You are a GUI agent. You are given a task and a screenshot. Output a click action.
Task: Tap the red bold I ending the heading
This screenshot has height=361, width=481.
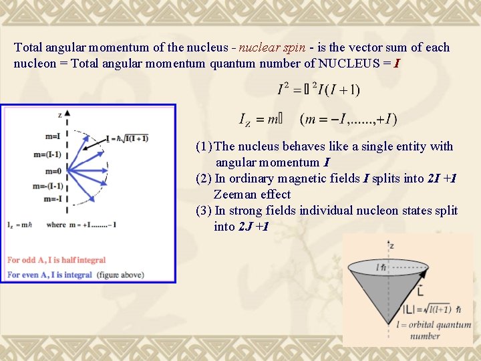tap(397, 64)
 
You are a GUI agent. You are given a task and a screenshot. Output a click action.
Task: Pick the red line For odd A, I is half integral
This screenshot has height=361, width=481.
tap(57, 260)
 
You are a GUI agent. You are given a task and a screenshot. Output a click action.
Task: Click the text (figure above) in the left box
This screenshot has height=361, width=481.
tap(120, 275)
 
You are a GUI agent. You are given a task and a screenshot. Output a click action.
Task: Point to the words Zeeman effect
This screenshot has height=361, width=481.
tap(253, 195)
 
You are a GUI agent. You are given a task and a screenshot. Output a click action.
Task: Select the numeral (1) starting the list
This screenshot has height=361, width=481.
tap(204, 146)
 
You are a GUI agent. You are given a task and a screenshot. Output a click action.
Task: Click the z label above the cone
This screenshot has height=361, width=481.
tap(391, 245)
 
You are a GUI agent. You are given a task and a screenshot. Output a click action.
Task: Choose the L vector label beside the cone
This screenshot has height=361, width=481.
tap(419, 293)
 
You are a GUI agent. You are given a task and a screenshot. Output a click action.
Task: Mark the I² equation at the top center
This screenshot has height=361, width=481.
tap(319, 89)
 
